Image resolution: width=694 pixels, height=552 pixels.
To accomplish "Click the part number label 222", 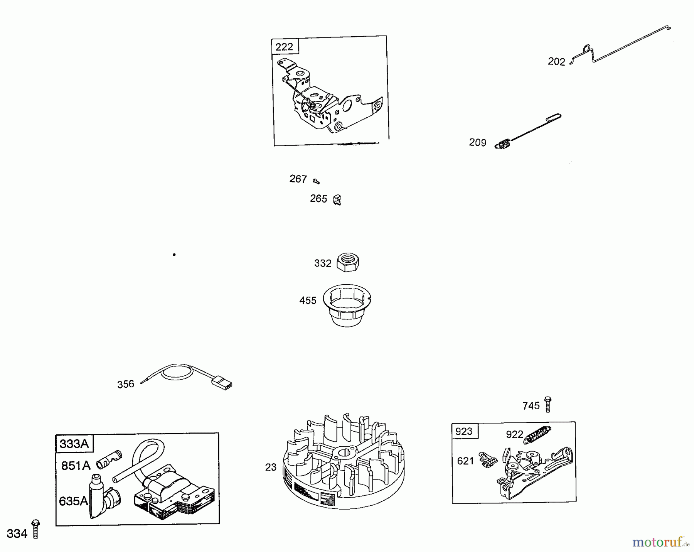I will (x=285, y=47).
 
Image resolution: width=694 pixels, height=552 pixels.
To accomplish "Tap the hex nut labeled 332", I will (x=348, y=263).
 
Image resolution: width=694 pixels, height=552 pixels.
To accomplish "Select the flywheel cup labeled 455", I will (x=347, y=305).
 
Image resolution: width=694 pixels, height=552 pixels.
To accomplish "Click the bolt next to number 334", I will (x=36, y=529).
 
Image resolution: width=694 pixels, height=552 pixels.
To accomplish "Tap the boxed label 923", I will (x=464, y=431).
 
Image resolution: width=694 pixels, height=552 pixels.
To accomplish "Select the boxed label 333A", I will (x=74, y=444).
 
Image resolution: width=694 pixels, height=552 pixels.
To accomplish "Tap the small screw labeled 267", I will (x=317, y=181).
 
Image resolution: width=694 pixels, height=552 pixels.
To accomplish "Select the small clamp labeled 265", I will (x=337, y=200).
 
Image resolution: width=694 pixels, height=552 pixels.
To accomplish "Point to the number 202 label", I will (x=556, y=62).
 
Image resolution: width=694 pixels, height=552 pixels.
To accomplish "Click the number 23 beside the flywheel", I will (x=271, y=467).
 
